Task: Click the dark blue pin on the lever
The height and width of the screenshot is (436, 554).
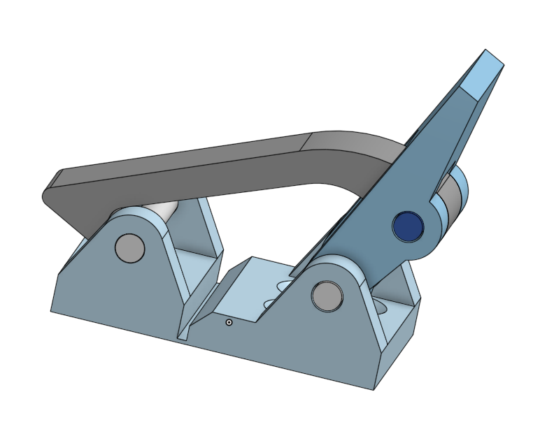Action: [409, 226]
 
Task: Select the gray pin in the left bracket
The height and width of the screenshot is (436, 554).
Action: [129, 248]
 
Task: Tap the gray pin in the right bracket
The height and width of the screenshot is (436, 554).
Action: [327, 296]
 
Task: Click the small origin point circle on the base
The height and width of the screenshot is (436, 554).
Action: [229, 323]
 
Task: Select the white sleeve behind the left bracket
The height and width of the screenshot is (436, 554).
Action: [162, 210]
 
